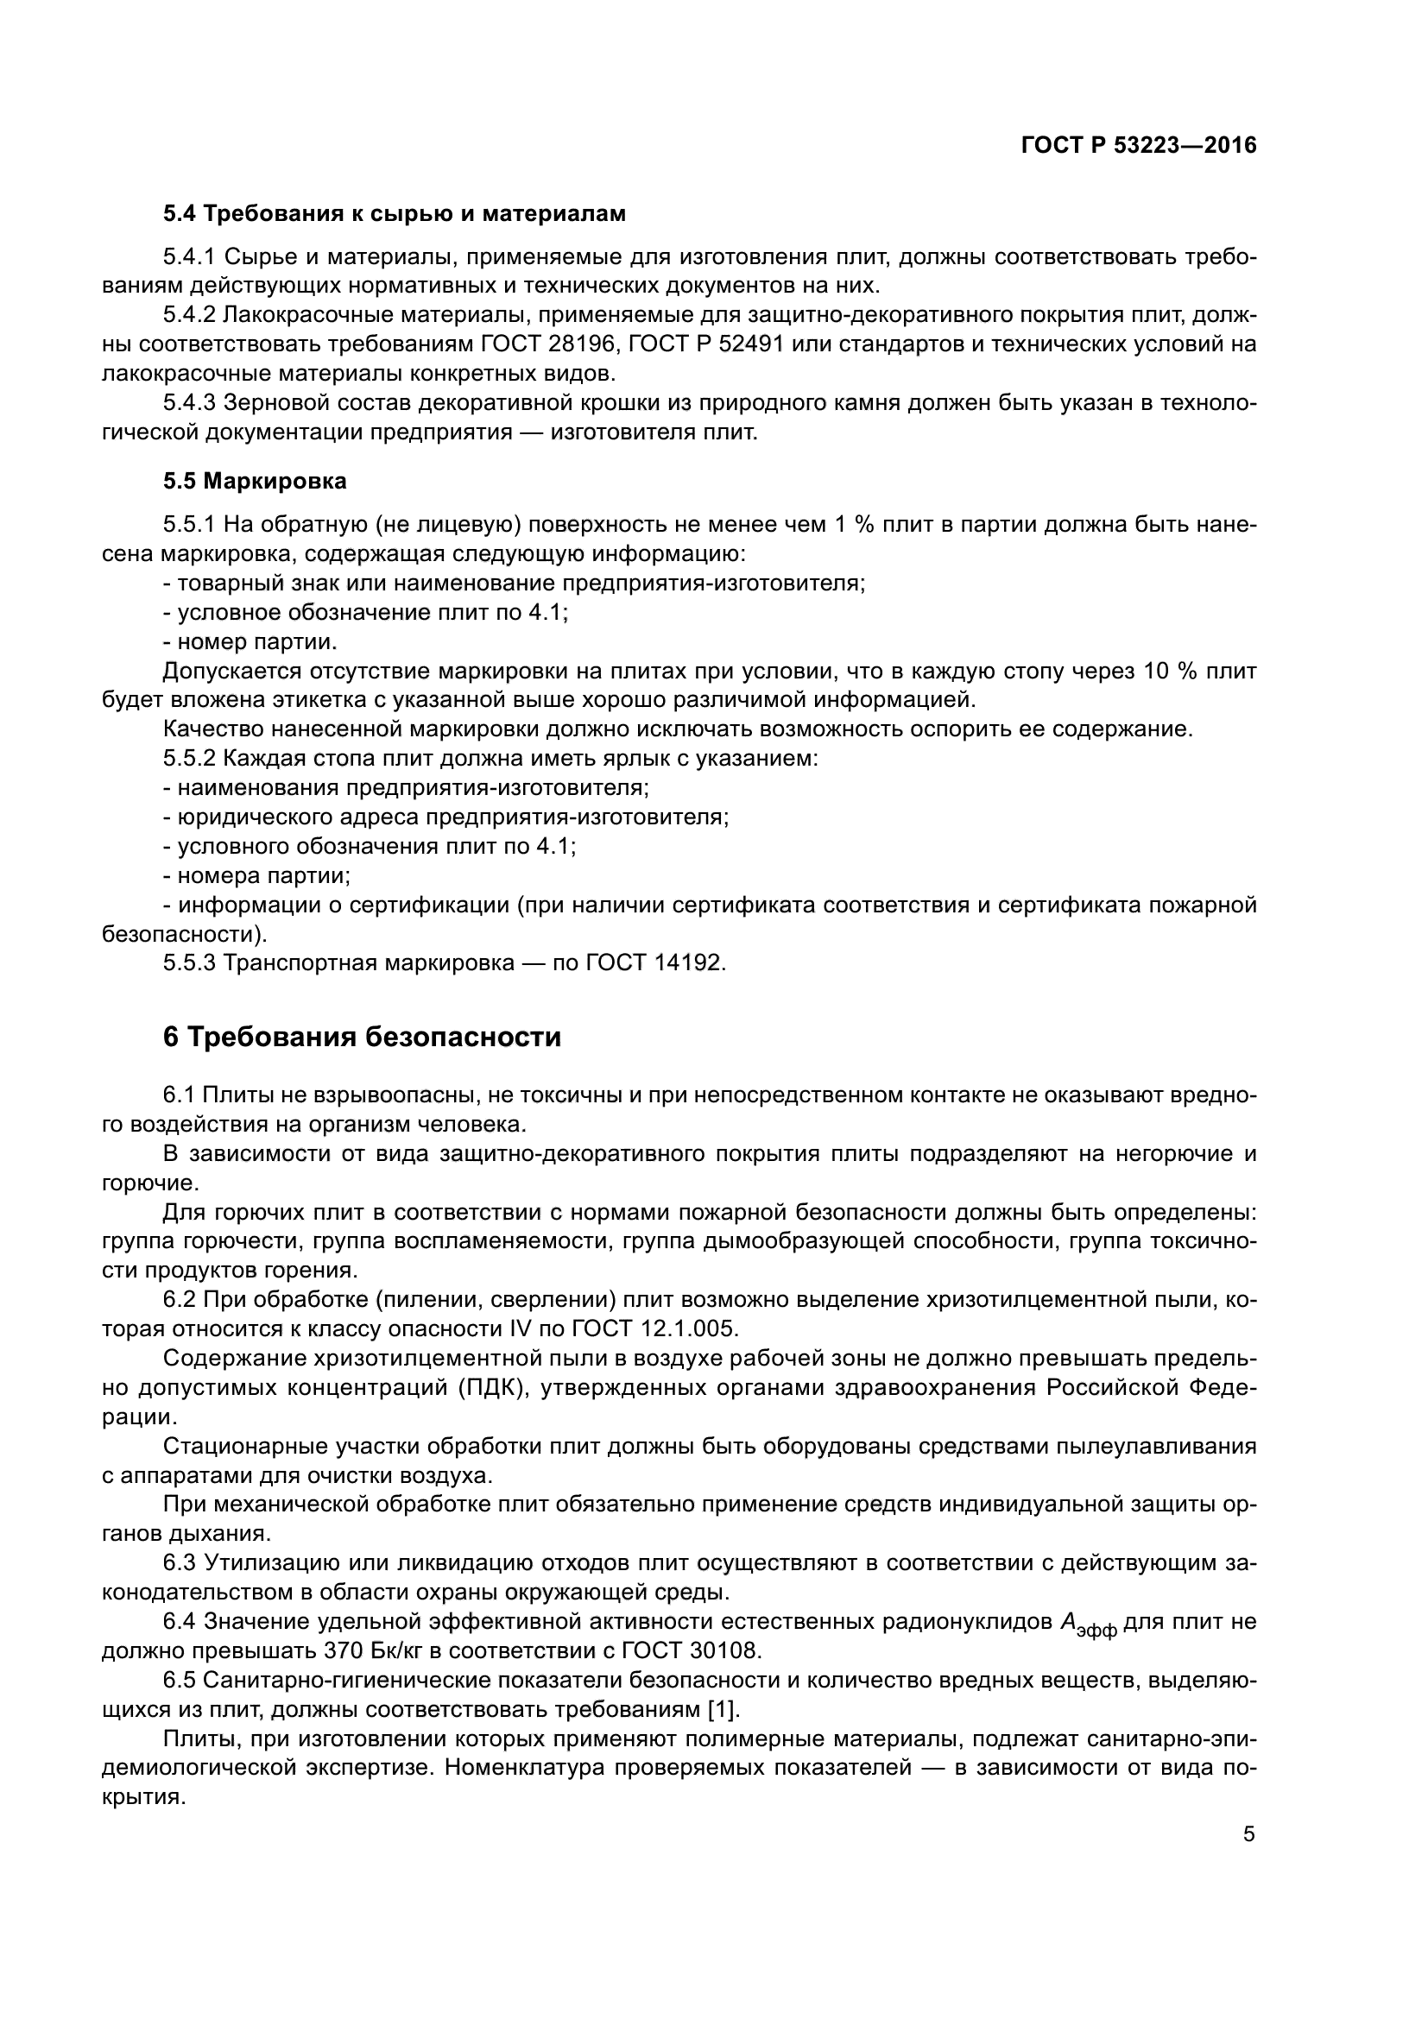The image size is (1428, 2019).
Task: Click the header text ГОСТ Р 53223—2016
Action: tap(1139, 146)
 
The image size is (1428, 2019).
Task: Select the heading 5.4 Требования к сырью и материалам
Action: tap(394, 214)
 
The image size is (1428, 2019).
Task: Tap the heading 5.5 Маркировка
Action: tap(255, 481)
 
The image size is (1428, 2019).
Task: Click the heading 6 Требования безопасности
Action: tap(363, 1037)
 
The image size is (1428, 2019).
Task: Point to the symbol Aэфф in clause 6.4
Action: tap(1088, 1624)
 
